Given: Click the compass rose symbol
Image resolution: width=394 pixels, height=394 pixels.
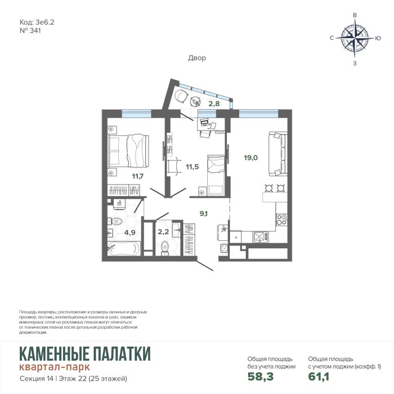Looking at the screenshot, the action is [x=355, y=38].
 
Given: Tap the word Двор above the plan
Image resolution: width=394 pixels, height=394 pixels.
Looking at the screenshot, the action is [x=197, y=58].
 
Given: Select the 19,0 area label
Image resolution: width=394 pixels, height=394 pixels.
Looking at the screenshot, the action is [x=251, y=158].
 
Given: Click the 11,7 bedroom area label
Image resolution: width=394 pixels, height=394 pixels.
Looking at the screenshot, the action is [x=138, y=176].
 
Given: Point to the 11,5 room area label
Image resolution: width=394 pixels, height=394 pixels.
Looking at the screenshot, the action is [x=192, y=167].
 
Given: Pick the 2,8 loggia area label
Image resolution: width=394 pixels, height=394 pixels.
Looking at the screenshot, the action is [x=214, y=104].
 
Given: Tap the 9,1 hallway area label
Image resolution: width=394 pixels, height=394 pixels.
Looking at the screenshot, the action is [x=204, y=214].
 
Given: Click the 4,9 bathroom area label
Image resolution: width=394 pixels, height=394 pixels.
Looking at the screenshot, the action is [x=129, y=232].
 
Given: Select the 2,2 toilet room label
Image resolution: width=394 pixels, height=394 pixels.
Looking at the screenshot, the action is [x=163, y=232].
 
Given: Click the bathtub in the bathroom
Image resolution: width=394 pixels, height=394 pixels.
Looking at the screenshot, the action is [x=124, y=248].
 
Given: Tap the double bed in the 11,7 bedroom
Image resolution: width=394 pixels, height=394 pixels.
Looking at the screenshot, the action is [x=128, y=151].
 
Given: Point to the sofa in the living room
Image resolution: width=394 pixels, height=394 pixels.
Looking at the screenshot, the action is [x=278, y=154].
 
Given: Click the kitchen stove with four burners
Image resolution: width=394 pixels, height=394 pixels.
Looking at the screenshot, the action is [x=281, y=220].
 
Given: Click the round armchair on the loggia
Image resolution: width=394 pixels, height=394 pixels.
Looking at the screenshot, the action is [x=181, y=96].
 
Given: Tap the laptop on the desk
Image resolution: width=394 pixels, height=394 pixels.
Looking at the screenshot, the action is [x=204, y=122].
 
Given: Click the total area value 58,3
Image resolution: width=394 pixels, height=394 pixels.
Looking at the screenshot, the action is [x=261, y=377].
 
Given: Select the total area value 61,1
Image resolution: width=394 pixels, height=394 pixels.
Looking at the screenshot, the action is [x=319, y=377].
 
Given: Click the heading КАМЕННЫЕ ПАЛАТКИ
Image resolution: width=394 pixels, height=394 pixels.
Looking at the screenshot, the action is [x=85, y=354].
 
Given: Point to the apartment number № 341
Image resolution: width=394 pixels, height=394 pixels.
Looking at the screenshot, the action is [x=30, y=30].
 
